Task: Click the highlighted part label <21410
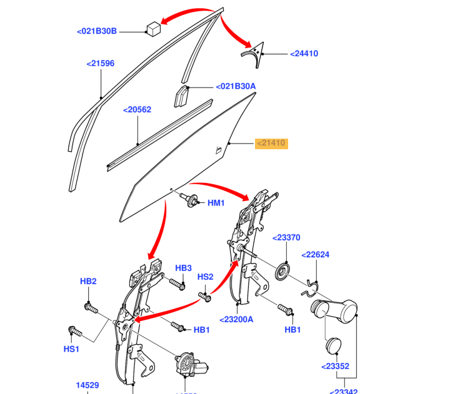271,144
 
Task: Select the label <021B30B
97,31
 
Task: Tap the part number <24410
304,54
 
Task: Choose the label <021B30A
236,86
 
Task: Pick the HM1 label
216,202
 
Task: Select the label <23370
286,237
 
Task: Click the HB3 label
183,268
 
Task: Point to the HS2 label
206,277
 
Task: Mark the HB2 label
88,282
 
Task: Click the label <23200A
236,319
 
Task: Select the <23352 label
335,367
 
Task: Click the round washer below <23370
284,271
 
